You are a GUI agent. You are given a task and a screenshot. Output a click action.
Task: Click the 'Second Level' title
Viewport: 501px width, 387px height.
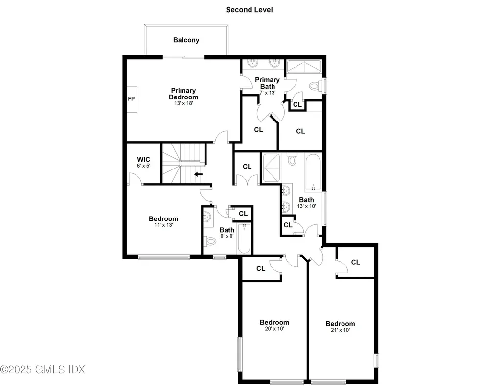[249, 10]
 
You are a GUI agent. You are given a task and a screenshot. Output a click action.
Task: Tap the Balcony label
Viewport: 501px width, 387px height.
[186, 40]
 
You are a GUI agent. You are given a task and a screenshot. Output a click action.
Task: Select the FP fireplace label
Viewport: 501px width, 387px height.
[131, 99]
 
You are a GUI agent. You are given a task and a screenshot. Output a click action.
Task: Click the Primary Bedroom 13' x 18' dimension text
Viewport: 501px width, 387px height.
[183, 103]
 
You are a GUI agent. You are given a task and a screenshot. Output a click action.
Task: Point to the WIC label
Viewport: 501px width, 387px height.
[143, 159]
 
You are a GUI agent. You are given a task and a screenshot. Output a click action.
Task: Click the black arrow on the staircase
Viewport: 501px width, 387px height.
[198, 174]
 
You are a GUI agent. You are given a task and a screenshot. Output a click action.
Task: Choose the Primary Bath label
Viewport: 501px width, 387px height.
[267, 83]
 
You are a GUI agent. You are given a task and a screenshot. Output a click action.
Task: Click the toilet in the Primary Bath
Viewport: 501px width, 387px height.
[314, 86]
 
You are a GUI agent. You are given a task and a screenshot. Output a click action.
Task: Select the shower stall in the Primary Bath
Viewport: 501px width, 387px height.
[303, 67]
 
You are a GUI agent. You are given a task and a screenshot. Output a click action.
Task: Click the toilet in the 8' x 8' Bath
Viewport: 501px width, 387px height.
[210, 241]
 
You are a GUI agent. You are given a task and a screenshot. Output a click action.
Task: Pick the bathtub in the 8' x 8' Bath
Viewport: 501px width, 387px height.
[244, 239]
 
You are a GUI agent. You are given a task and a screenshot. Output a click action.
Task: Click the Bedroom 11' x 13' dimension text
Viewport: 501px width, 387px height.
[163, 225]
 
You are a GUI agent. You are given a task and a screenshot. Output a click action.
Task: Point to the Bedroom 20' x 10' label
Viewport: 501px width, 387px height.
[274, 322]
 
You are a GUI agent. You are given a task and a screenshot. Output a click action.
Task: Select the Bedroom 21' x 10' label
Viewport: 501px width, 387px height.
[340, 324]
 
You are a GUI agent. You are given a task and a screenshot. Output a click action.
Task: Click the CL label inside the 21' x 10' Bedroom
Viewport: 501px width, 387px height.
[355, 262]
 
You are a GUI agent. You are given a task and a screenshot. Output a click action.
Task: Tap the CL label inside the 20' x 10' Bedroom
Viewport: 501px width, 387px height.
[261, 268]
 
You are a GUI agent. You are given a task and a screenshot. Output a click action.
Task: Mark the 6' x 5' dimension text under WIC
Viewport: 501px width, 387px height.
[143, 166]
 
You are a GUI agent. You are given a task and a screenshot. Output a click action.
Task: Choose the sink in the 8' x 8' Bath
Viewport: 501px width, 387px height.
[207, 217]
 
